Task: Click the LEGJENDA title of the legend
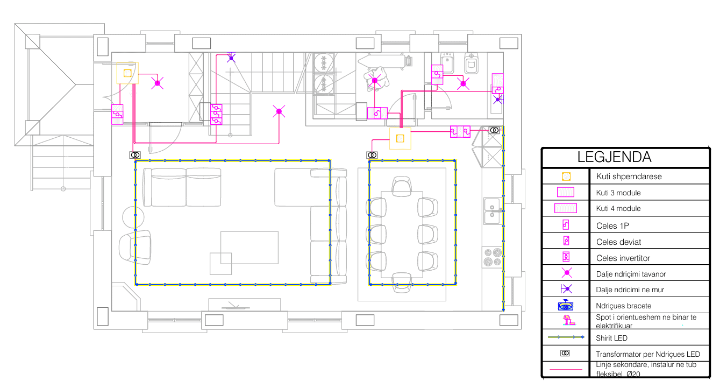click(x=614, y=157)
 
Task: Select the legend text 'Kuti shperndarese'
click(x=629, y=177)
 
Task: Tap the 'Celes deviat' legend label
click(x=618, y=242)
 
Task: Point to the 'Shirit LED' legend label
click(x=611, y=338)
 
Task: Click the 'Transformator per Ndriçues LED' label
click(x=648, y=354)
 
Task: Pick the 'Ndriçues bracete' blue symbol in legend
click(x=566, y=305)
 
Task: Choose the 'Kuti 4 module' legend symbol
click(x=566, y=208)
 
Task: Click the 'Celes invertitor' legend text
click(x=623, y=258)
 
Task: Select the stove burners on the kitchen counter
click(x=493, y=257)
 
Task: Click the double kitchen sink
click(x=492, y=211)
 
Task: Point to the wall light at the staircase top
click(x=231, y=58)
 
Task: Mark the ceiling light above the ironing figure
click(x=374, y=80)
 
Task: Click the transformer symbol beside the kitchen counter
click(x=494, y=130)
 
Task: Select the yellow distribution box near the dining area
click(x=400, y=139)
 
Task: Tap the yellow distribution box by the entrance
click(x=127, y=73)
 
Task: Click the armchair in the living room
click(x=135, y=248)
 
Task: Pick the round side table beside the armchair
click(x=133, y=217)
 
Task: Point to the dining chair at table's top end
click(x=402, y=186)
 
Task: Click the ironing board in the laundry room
click(x=382, y=61)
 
